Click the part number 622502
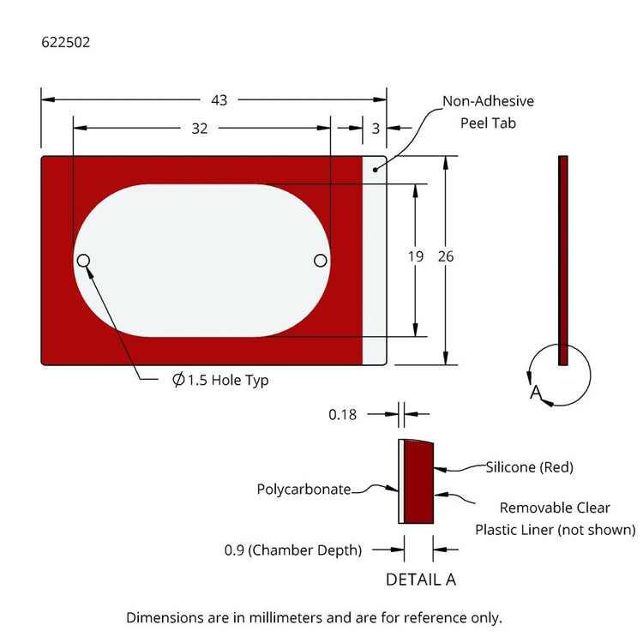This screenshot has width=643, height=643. tap(65, 41)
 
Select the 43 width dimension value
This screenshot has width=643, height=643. tap(219, 100)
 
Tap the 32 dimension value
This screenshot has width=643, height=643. tap(199, 129)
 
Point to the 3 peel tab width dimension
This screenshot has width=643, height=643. tap(376, 129)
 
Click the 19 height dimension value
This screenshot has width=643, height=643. tap(418, 256)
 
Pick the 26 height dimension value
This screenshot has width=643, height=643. tap(446, 256)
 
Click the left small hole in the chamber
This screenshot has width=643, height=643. tap(84, 261)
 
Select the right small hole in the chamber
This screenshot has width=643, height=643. tap(321, 261)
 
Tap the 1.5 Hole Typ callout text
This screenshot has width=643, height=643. tap(220, 380)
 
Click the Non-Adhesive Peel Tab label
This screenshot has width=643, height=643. tap(488, 111)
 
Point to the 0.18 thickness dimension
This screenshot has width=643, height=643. tap(343, 414)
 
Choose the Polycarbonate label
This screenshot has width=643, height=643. tap(303, 490)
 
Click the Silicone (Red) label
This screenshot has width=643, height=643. tap(529, 467)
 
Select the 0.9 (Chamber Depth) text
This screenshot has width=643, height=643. tap(292, 550)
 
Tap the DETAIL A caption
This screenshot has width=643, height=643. tap(420, 579)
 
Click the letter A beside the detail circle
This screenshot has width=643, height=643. tap(537, 392)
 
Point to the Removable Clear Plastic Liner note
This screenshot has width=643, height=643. tap(556, 518)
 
